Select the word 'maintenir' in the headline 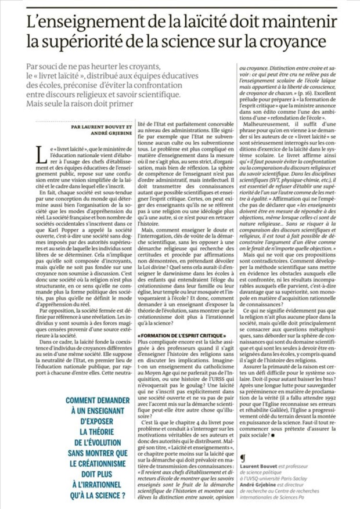pos(299,23)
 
